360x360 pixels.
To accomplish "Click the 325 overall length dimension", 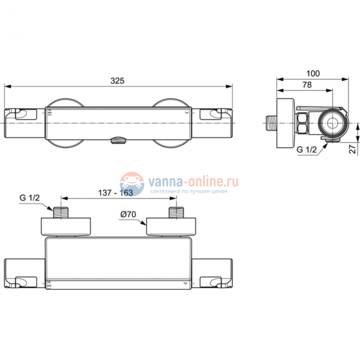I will pyautogui.click(x=116, y=80).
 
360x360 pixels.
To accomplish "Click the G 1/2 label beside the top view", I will pyautogui.click(x=31, y=198).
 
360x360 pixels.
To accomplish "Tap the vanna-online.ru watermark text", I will pyautogui.click(x=192, y=181).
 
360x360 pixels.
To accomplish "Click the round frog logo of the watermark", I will pyautogui.click(x=132, y=183).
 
